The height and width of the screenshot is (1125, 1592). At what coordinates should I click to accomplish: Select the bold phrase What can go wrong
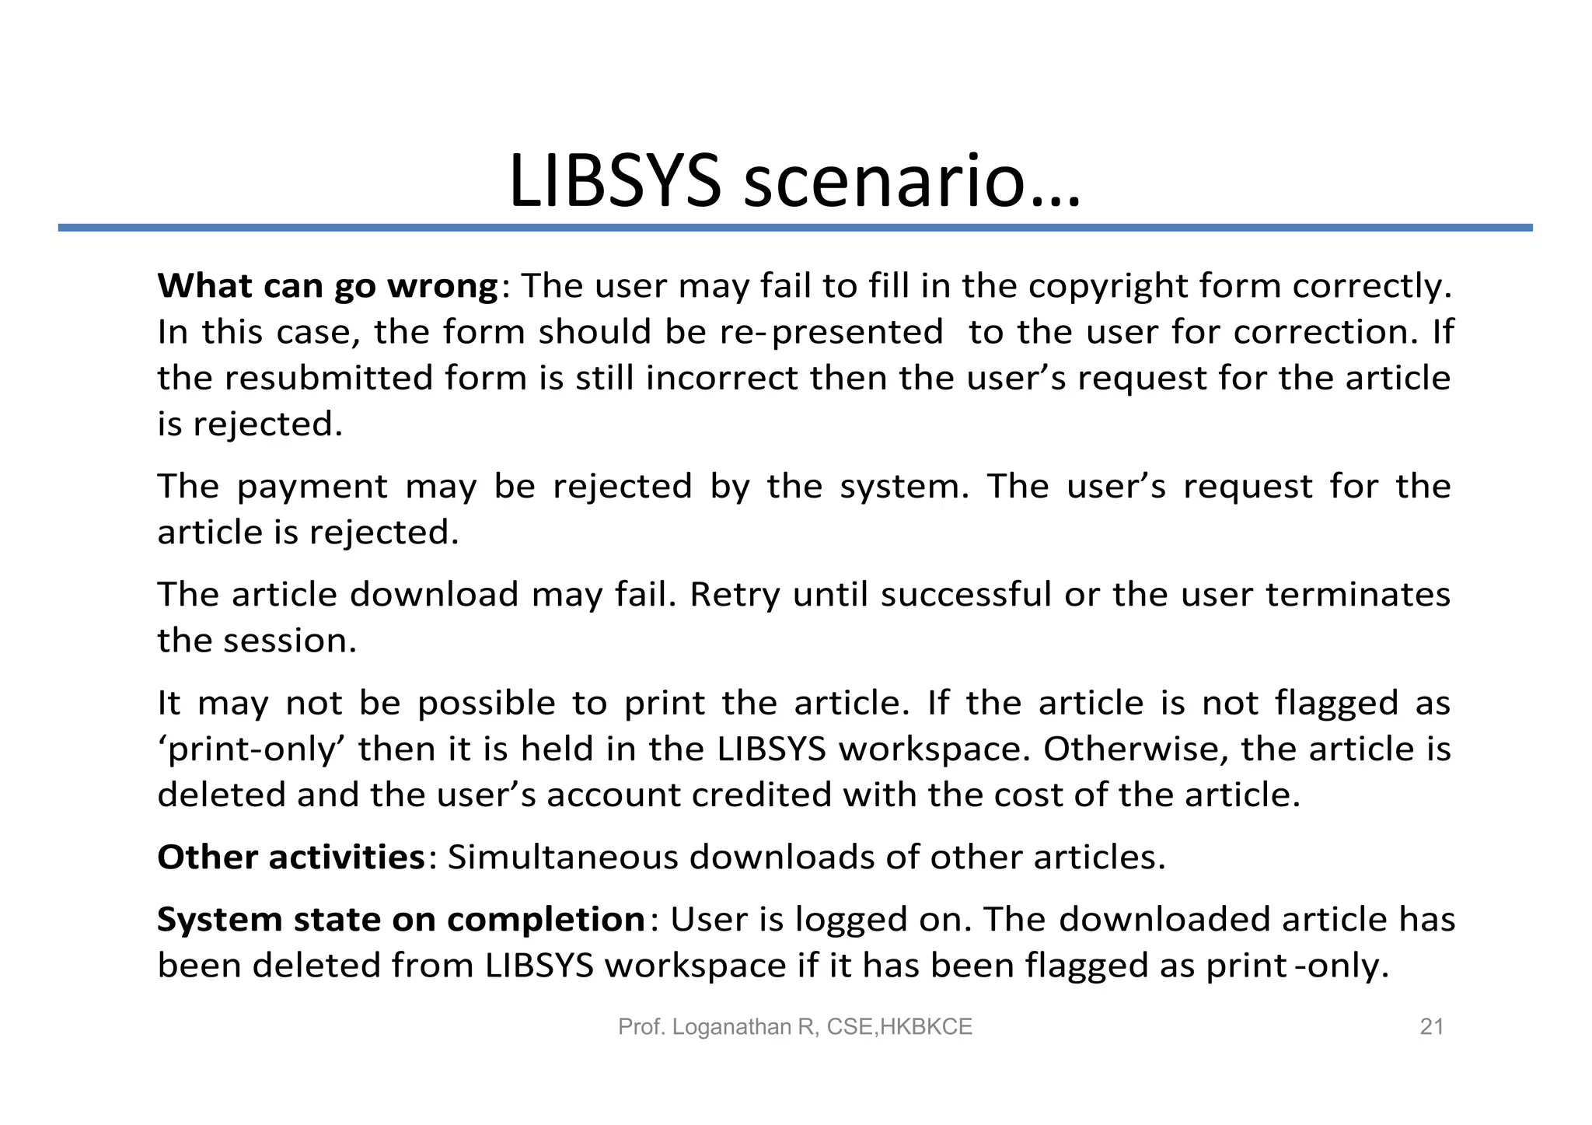(327, 287)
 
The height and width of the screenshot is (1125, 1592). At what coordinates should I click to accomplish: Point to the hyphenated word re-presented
(831, 333)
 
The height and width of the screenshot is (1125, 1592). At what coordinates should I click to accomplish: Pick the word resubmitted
(329, 379)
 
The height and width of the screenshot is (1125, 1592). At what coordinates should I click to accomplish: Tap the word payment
(312, 487)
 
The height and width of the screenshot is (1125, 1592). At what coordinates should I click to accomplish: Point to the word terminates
(1357, 595)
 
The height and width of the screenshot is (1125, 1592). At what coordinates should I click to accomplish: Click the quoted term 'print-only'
(252, 749)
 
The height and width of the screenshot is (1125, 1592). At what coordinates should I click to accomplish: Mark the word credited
(761, 795)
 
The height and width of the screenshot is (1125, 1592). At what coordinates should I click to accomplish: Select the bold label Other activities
(291, 858)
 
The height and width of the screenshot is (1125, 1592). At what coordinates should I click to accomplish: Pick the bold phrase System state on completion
(400, 920)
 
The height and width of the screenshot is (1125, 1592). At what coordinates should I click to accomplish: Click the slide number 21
(1431, 1027)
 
